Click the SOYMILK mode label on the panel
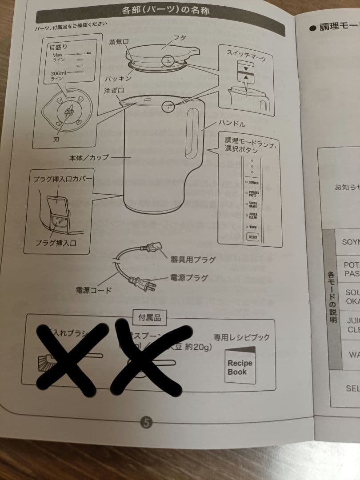pyautogui.click(x=254, y=183)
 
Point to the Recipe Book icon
pyautogui.click(x=240, y=366)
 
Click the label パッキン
pyautogui.click(x=118, y=78)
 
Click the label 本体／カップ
pyautogui.click(x=89, y=158)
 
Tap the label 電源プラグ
pyautogui.click(x=189, y=278)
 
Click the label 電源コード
pyautogui.click(x=93, y=290)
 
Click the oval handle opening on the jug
pyautogui.click(x=192, y=133)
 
